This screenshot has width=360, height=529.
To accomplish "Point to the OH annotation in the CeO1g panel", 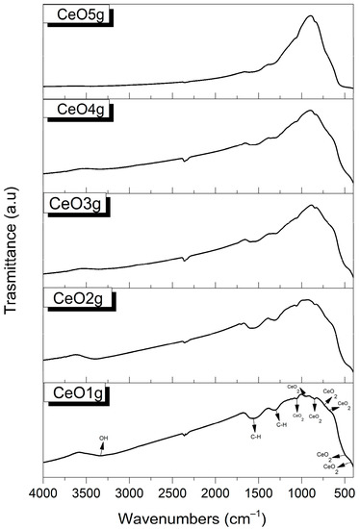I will (x=103, y=439).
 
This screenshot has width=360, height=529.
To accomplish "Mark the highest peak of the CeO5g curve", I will (x=310, y=16).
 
